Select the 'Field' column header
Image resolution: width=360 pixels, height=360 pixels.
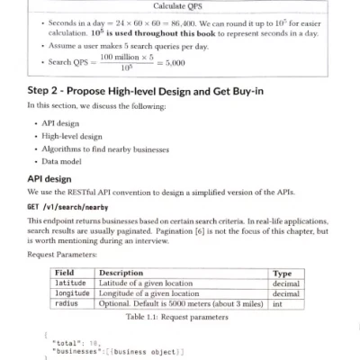[65, 271]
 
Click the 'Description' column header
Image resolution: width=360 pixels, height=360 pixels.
[121, 271]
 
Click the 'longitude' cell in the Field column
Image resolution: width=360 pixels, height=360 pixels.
[73, 293]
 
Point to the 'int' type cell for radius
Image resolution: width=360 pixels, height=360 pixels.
[277, 304]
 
